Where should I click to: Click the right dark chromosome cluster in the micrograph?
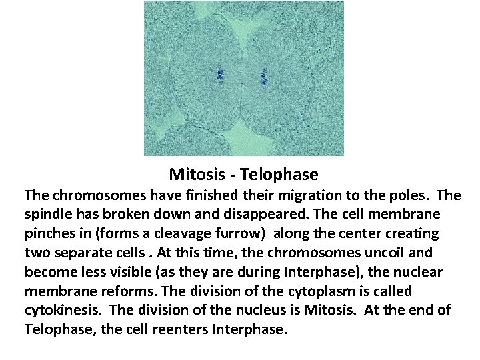263,79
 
